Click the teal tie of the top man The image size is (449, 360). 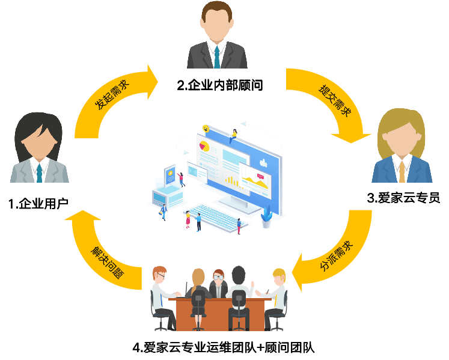click(216, 56)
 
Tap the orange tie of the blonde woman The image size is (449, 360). click(401, 172)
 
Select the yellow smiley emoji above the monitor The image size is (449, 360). click(206, 129)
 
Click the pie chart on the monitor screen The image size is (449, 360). click(203, 145)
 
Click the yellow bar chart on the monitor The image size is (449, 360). click(231, 178)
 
